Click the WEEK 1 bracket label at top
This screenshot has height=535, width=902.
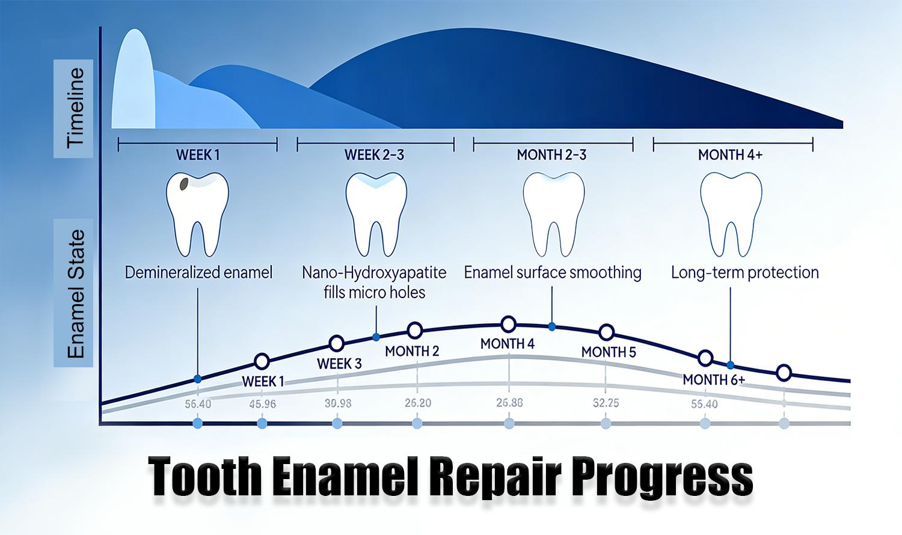(198, 155)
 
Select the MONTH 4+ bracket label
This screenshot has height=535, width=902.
(730, 155)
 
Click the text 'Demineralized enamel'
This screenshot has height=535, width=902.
(198, 272)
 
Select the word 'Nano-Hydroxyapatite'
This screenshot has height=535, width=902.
(374, 272)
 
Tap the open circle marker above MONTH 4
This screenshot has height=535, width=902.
(509, 325)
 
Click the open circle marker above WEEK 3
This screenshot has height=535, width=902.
(337, 343)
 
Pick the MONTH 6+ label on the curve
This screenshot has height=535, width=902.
(714, 380)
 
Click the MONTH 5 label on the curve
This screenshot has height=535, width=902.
(609, 352)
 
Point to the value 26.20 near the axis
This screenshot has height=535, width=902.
(417, 403)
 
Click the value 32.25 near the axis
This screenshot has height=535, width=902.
(606, 403)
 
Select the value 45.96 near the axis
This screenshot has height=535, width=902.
(262, 404)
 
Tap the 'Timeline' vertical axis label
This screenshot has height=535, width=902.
(75, 108)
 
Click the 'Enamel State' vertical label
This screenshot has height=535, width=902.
(75, 293)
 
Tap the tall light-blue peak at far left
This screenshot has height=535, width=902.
(132, 78)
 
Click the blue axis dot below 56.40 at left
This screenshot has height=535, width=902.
(197, 424)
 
